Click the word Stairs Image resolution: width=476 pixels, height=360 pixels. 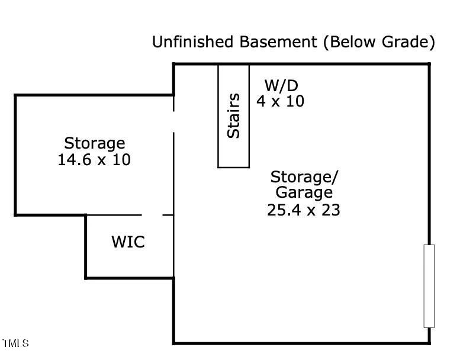coord(234,115)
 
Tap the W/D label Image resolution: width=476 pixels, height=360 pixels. coord(281,86)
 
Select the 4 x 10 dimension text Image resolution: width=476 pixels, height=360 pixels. coord(280,101)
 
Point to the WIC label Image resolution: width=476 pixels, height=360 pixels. coord(128,242)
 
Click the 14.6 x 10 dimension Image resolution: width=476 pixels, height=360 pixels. coord(94,160)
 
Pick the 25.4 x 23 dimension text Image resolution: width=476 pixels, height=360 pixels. coord(304,210)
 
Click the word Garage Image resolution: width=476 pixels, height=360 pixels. coord(304,193)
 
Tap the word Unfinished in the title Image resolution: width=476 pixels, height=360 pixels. coord(193,41)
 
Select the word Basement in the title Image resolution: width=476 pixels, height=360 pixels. coord(278,41)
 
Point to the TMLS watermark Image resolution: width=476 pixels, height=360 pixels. coord(15,343)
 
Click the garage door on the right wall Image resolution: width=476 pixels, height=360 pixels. coord(429,286)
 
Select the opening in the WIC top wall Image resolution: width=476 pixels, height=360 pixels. coord(152,215)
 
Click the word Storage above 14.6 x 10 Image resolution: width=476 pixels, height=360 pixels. coord(94,143)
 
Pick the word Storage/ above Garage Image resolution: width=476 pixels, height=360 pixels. coord(304,177)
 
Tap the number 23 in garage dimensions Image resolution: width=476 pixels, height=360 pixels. coord(331,210)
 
